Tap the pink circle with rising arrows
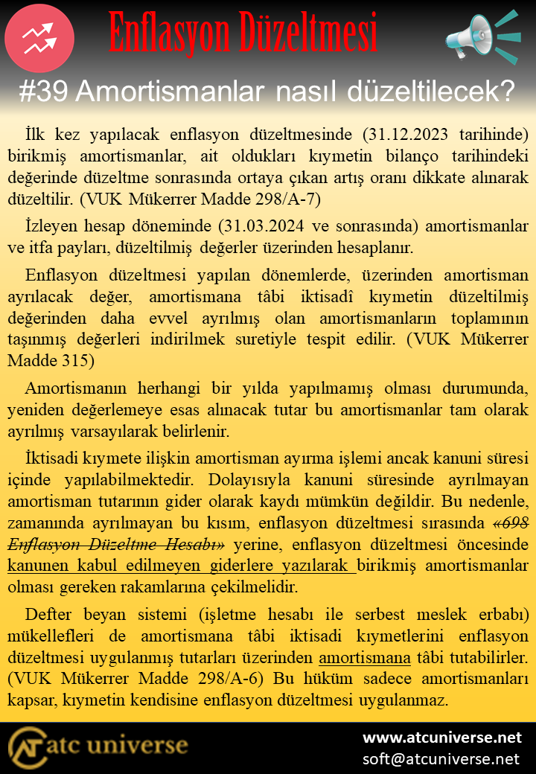39,38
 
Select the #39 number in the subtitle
44,92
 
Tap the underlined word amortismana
365,658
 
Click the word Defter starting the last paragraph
48,615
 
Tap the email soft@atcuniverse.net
441,758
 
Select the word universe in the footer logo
141,746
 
